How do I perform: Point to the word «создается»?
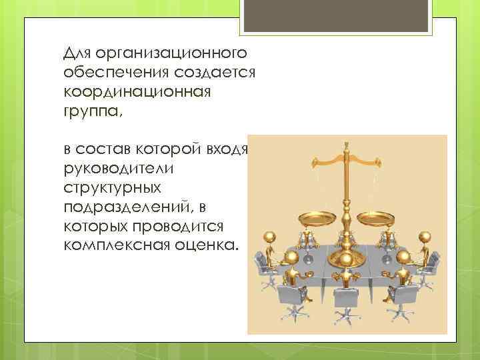[x=207, y=72]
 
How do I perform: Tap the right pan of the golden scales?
[x=375, y=217]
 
